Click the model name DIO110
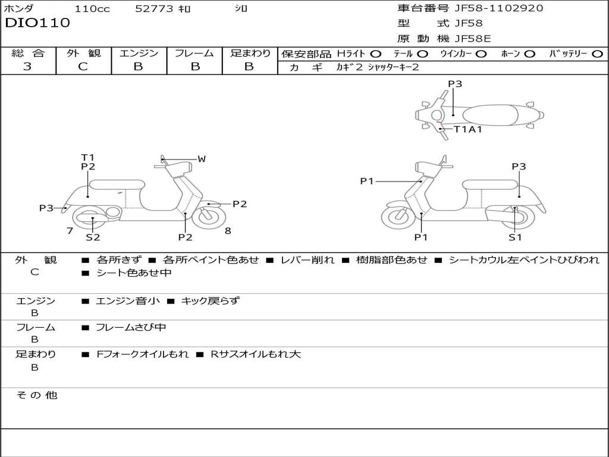[x=37, y=23]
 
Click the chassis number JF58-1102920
[x=499, y=8]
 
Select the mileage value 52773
[x=154, y=8]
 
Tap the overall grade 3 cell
[x=27, y=66]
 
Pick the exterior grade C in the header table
[x=83, y=67]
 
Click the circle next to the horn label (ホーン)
[x=529, y=54]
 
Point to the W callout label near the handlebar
[x=202, y=159]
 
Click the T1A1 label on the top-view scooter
[x=468, y=129]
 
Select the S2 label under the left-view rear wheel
[x=93, y=237]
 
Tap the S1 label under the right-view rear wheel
[x=515, y=237]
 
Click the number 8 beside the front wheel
[x=228, y=231]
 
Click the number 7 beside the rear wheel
[x=70, y=231]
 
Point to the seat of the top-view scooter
[x=490, y=115]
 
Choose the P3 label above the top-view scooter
[x=455, y=84]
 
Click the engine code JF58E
[x=473, y=39]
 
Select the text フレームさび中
[x=131, y=328]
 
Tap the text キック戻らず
[x=210, y=301]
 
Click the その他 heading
[x=36, y=395]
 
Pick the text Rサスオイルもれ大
[x=256, y=355]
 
